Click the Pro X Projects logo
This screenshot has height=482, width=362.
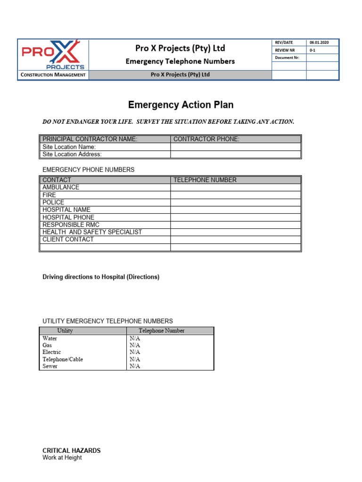(53, 55)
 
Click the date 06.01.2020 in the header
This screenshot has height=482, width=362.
(319, 42)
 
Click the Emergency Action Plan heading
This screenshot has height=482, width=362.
(181, 105)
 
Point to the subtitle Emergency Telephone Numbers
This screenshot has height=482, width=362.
(180, 61)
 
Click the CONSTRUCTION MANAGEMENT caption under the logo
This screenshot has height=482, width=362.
(53, 75)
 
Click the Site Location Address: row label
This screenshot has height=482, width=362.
(72, 154)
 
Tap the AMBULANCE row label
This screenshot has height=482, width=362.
(61, 187)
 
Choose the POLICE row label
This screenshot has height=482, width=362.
(53, 202)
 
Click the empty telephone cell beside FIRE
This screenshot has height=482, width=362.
(235, 195)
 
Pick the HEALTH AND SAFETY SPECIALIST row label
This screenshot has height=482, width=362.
(92, 232)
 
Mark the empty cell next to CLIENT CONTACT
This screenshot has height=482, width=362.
(235, 240)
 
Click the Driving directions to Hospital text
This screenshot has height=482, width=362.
(101, 277)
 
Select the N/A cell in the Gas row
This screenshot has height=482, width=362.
(135, 345)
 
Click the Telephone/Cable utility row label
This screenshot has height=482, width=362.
(63, 359)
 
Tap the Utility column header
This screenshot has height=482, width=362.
(65, 330)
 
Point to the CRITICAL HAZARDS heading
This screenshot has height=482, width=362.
(72, 450)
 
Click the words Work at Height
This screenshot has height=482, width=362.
(62, 458)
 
